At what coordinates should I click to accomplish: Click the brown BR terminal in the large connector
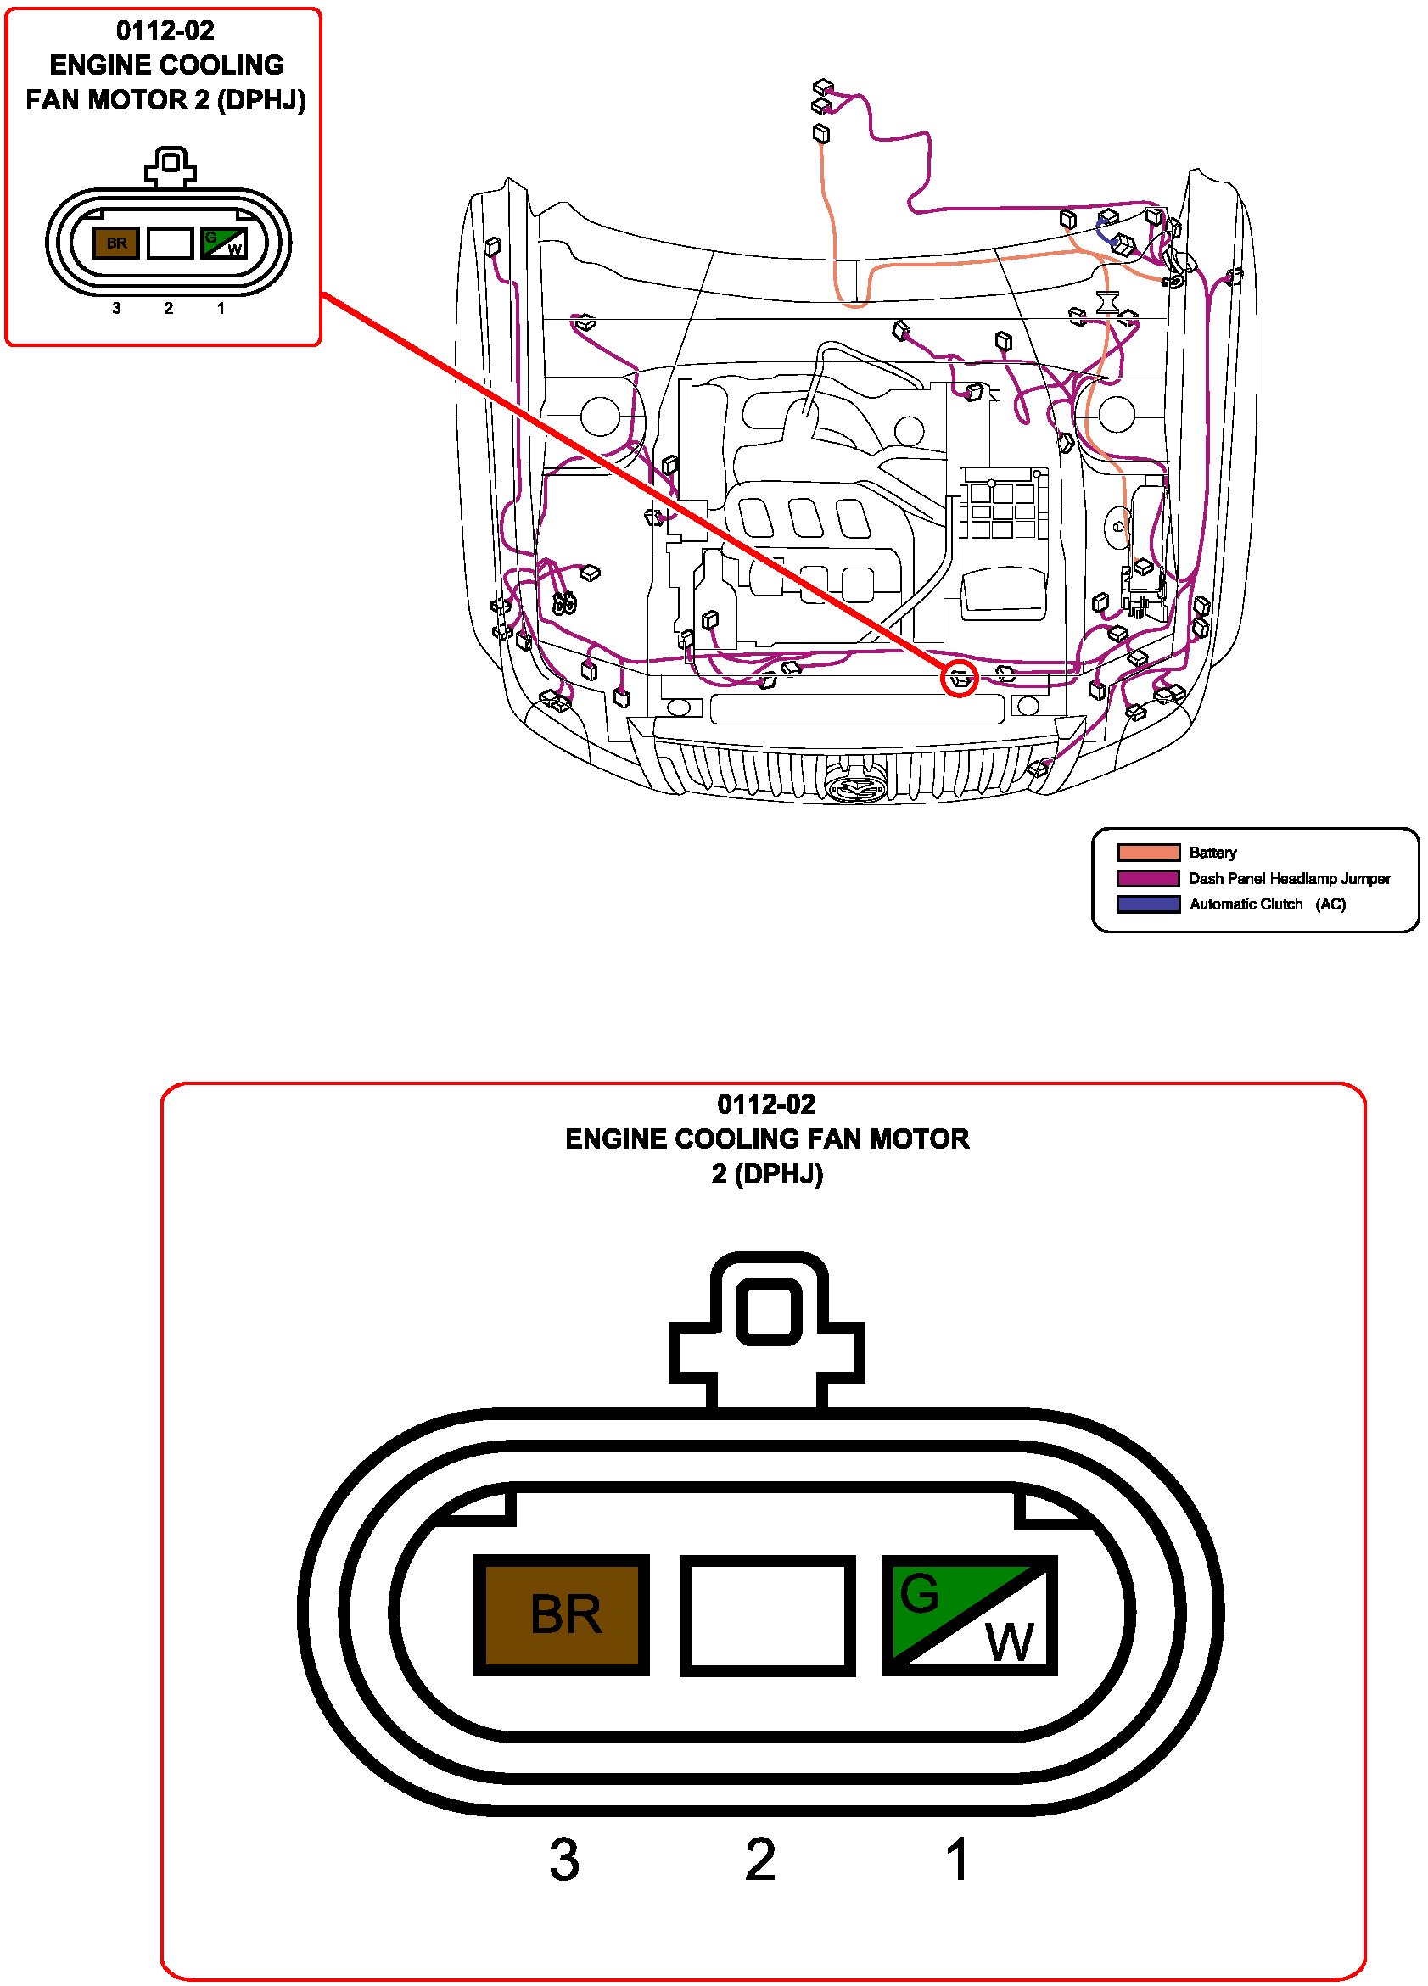point(561,1614)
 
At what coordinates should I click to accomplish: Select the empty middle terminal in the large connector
point(767,1614)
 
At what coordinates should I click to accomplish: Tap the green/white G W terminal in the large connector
point(968,1614)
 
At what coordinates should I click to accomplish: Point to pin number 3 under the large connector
point(564,1860)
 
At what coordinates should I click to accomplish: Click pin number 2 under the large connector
point(760,1860)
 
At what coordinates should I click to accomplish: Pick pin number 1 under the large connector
point(957,1860)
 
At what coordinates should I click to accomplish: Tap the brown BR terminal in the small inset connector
point(116,243)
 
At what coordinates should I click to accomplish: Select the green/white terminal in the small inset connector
point(223,243)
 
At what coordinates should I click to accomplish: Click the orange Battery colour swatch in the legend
point(1148,852)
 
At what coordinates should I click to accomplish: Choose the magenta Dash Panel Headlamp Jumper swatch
point(1148,878)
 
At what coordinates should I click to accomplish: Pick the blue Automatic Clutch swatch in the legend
point(1148,903)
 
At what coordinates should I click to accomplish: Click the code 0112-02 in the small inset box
point(165,31)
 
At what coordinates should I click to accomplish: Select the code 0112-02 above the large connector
point(765,1105)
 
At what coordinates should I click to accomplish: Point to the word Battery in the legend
point(1212,853)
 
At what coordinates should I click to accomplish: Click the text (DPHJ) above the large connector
point(778,1173)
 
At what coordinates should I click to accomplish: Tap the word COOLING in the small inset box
point(222,64)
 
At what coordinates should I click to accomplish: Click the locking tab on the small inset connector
point(171,165)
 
